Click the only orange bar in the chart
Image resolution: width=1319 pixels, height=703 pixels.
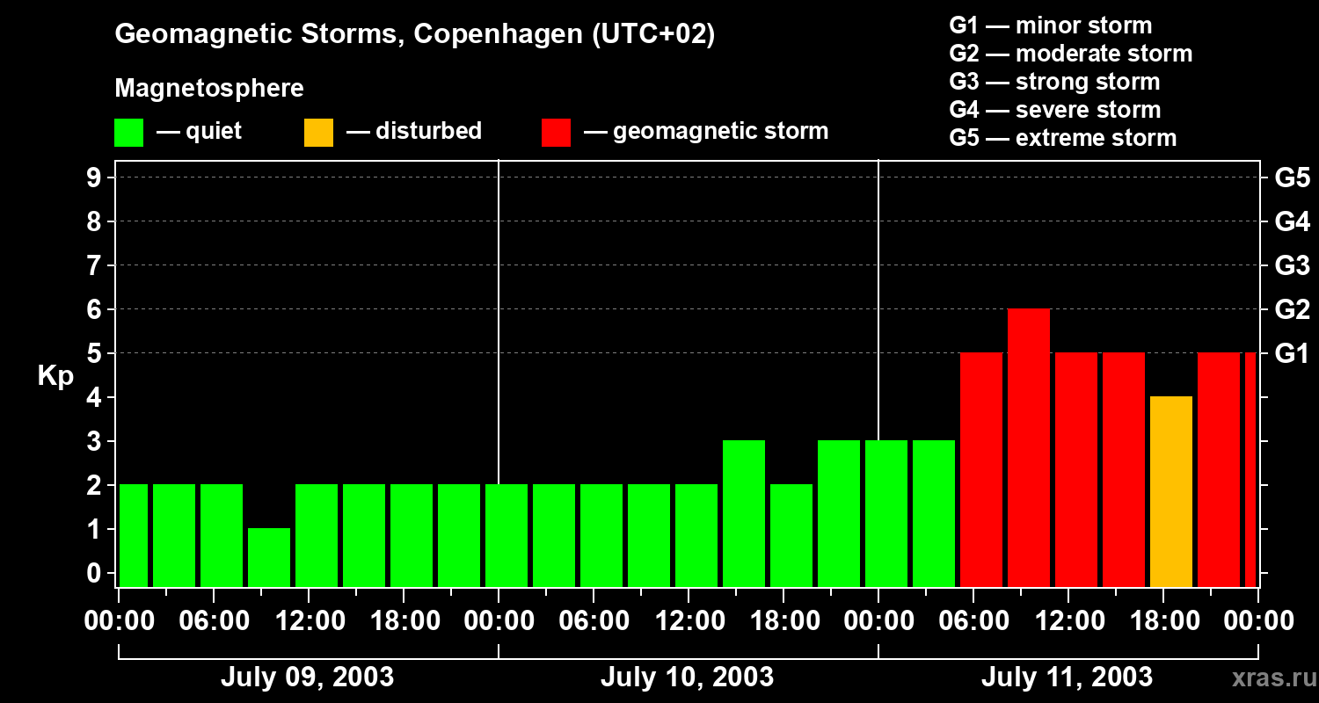(x=1171, y=492)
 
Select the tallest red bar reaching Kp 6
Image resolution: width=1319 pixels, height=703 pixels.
(x=1029, y=448)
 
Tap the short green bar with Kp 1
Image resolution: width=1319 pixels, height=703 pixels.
(x=269, y=557)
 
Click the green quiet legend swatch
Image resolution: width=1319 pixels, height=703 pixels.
(x=128, y=132)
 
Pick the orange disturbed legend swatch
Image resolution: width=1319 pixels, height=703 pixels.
(x=318, y=132)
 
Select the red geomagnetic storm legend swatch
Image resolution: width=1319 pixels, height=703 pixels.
(x=556, y=132)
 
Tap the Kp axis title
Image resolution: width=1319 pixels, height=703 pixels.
(x=55, y=376)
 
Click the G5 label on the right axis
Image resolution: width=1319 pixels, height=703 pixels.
(x=1292, y=178)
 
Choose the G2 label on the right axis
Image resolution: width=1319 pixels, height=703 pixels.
(x=1292, y=309)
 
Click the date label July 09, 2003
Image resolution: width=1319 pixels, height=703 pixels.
(x=307, y=677)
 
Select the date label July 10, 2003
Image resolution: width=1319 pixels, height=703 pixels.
(x=687, y=677)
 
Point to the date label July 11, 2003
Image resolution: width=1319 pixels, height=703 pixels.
(x=1066, y=677)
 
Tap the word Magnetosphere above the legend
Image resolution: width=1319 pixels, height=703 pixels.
(x=209, y=89)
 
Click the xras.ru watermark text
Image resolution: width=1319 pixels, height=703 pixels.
(x=1272, y=678)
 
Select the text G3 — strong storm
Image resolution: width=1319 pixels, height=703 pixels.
(x=1054, y=82)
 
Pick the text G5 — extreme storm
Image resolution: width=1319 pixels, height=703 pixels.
(x=1062, y=138)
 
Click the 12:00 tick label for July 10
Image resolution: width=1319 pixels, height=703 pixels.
(x=689, y=620)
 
